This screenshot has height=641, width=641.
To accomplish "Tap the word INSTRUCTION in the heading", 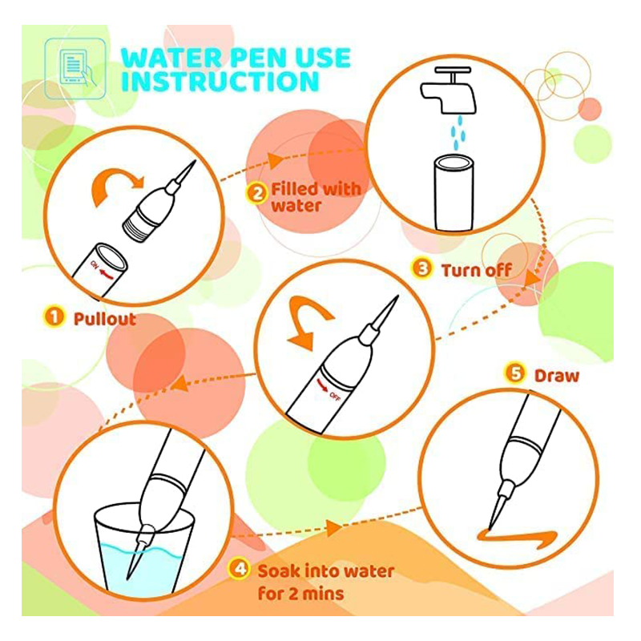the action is click(x=220, y=82).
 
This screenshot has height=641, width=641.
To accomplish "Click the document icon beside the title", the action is click(x=75, y=69).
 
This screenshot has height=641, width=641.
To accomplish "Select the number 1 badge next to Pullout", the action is click(x=54, y=316).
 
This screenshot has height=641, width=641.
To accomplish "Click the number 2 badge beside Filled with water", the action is click(x=256, y=193).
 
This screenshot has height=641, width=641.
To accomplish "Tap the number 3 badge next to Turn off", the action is click(x=422, y=268).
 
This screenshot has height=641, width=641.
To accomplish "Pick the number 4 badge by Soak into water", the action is click(x=239, y=569).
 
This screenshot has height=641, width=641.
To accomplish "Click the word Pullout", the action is click(x=105, y=319).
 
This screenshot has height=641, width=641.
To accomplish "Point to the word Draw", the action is click(x=557, y=376).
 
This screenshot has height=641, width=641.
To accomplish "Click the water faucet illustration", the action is click(x=449, y=91).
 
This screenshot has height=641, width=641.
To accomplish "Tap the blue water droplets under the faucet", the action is click(x=458, y=132).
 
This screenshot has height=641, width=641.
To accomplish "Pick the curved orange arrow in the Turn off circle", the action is click(x=309, y=320).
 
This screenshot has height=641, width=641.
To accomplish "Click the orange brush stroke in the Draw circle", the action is click(x=518, y=536).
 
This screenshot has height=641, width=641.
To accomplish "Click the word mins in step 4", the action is click(x=323, y=594).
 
